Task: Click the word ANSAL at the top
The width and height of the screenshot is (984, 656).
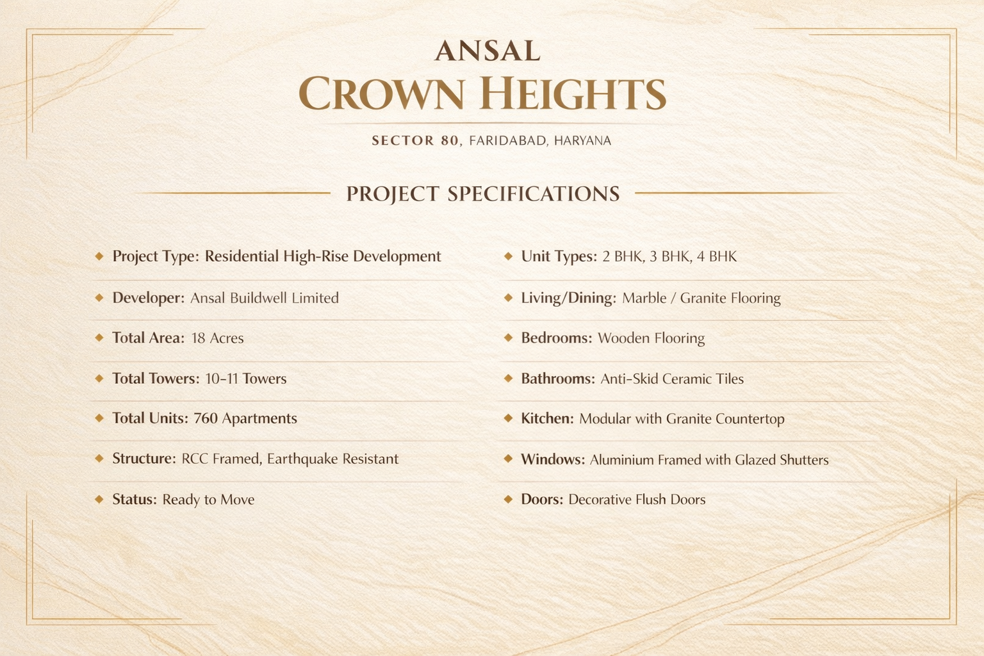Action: point(487,51)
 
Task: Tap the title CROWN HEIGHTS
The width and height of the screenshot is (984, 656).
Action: point(482,93)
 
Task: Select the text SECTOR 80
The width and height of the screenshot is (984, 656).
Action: point(415,140)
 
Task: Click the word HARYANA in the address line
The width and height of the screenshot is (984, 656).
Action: point(582,140)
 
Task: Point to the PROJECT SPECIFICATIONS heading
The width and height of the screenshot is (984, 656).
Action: point(483,193)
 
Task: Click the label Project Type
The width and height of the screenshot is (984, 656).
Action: point(156,257)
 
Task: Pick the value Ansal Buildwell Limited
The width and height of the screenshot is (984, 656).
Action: point(265,298)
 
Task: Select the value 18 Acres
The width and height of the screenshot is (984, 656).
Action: point(217,338)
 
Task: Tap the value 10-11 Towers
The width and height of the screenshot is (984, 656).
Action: point(245,379)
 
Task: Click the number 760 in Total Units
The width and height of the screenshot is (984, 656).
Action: point(206,418)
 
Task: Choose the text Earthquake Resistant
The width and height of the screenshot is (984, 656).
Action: point(332,459)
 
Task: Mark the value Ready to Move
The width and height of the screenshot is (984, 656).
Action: point(208,500)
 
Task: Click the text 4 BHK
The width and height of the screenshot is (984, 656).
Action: point(716,256)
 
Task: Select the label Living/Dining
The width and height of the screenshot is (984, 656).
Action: point(568,299)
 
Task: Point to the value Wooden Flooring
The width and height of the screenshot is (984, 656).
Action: point(652,338)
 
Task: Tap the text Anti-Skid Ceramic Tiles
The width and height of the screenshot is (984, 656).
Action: point(672,379)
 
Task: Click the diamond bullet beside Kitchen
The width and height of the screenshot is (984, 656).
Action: point(508,418)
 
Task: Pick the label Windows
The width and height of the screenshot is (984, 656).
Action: point(553,459)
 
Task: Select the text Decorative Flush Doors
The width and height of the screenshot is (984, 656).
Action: point(637,500)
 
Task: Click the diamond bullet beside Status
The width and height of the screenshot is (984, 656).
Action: point(99,500)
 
